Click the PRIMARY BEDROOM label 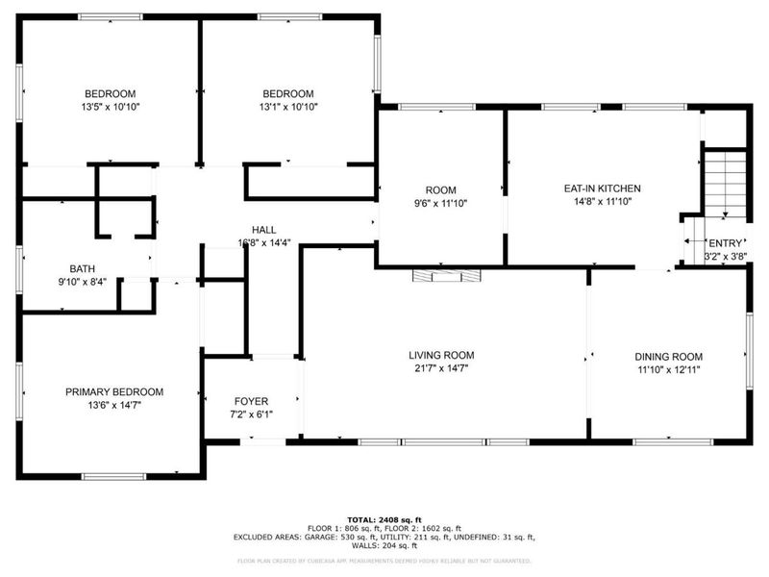pyautogui.click(x=113, y=392)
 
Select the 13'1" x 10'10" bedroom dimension pyautogui.click(x=288, y=107)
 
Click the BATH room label pyautogui.click(x=82, y=269)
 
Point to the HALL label pyautogui.click(x=264, y=230)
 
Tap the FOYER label pyautogui.click(x=251, y=401)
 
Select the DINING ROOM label pyautogui.click(x=668, y=356)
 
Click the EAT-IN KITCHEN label pyautogui.click(x=602, y=188)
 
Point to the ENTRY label pyautogui.click(x=724, y=244)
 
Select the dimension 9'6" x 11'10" pyautogui.click(x=441, y=204)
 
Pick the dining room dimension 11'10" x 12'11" pyautogui.click(x=668, y=369)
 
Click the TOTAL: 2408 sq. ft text pyautogui.click(x=384, y=519)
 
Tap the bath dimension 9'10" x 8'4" pyautogui.click(x=82, y=283)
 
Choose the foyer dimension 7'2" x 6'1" pyautogui.click(x=251, y=414)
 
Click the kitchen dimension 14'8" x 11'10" pyautogui.click(x=602, y=202)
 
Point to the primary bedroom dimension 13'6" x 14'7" pyautogui.click(x=113, y=406)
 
